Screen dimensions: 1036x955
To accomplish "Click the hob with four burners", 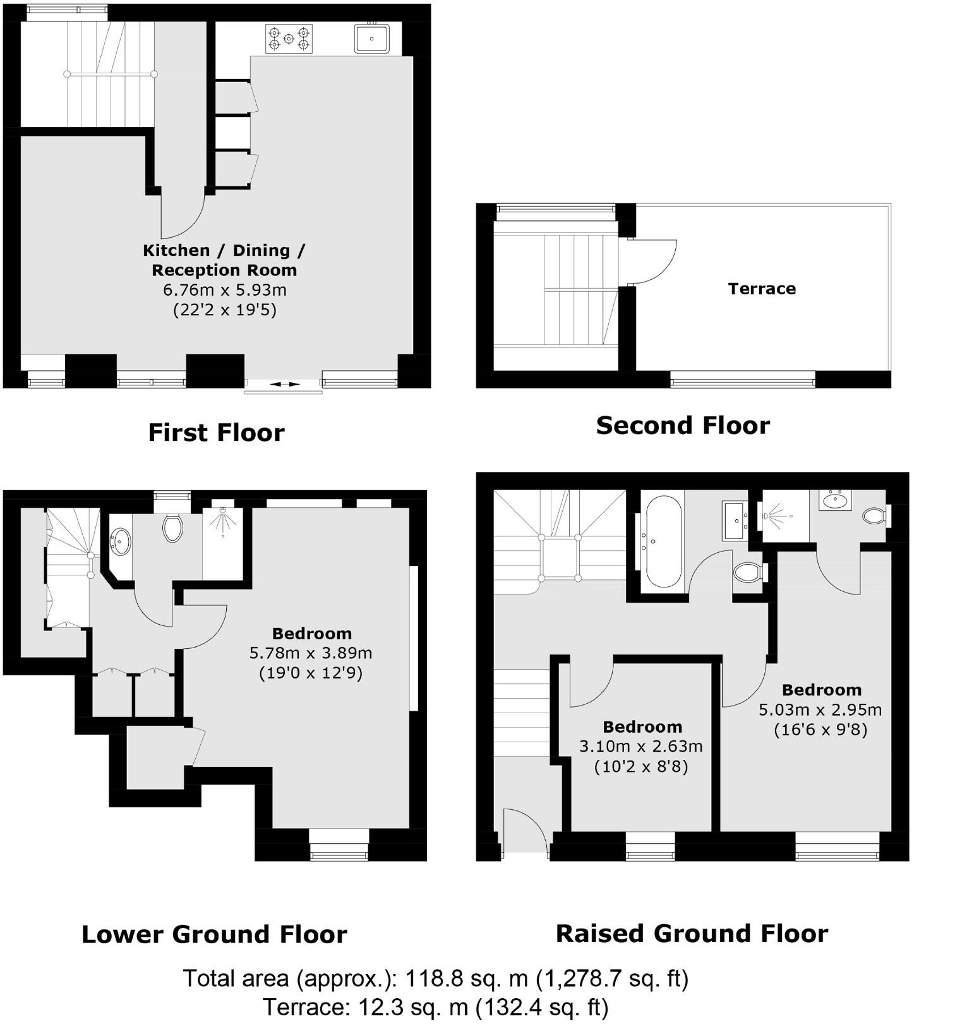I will coord(289,39).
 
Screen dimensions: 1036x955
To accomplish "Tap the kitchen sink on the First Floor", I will coord(372,39).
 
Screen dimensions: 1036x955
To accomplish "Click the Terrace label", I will coord(761,289).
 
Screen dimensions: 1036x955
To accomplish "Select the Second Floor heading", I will coord(683,425).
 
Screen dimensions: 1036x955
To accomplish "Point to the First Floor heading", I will coord(216,433).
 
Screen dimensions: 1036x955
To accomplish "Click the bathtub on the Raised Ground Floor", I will coord(662,541).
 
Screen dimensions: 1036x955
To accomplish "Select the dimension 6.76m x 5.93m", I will coord(225,290).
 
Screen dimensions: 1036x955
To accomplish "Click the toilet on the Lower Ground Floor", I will coord(172,527).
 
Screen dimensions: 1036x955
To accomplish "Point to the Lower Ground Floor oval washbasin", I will coord(121,541).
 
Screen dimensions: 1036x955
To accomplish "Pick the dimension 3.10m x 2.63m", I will coord(641,746).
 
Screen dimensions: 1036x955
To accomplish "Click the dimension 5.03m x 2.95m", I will coord(820,709).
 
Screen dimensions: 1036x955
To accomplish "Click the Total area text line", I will coord(435,979).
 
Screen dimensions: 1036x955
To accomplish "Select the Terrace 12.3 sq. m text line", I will coord(435,1007).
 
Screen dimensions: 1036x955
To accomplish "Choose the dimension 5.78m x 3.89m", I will coord(311,653).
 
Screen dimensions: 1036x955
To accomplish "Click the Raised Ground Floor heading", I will coord(692,934).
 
